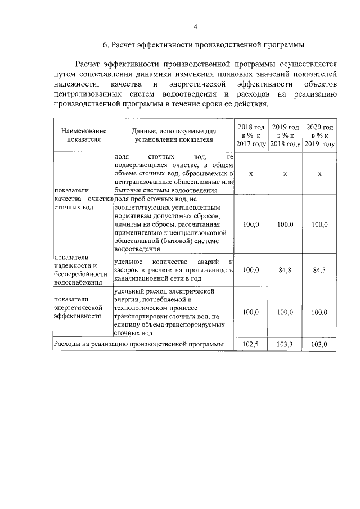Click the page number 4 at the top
pos(195,26)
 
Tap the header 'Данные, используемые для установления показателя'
pos(173,136)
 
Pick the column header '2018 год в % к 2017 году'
pos(250,136)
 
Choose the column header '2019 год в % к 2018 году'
pos(285,136)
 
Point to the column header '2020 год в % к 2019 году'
pos(319,136)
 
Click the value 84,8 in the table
pos(285,270)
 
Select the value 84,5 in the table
pos(319,270)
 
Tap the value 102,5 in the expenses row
pos(250,344)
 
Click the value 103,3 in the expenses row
pos(285,344)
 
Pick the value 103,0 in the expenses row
pos(319,344)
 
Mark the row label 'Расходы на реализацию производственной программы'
pos(138,343)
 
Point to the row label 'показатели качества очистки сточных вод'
pos(82,199)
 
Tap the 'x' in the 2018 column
pos(250,174)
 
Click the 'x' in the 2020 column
pos(319,174)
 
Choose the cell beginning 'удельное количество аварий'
pos(173,270)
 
